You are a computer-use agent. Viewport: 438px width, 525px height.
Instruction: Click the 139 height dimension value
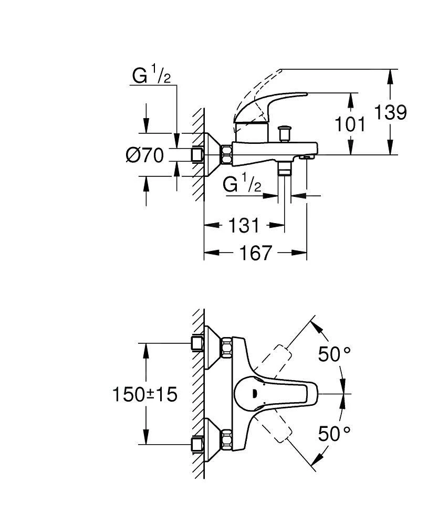click(x=391, y=112)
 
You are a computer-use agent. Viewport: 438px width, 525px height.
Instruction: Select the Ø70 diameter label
click(x=144, y=155)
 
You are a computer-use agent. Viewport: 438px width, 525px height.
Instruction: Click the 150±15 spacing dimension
click(x=144, y=394)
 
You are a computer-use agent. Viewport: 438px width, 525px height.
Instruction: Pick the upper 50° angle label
click(x=334, y=354)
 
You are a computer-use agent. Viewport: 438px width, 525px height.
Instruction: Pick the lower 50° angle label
click(x=334, y=434)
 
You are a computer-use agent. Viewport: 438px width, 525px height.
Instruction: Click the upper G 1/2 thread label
click(x=151, y=76)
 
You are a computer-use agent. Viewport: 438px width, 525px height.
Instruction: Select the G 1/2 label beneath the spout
click(x=242, y=185)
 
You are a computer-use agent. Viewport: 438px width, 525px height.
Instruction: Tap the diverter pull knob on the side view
click(x=285, y=132)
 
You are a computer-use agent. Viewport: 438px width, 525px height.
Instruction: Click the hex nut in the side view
click(x=227, y=154)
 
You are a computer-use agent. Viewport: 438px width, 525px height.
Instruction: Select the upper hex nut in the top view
click(x=227, y=347)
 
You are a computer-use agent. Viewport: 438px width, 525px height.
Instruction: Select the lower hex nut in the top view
click(x=227, y=440)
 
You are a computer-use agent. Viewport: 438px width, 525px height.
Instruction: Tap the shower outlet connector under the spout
click(x=285, y=169)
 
